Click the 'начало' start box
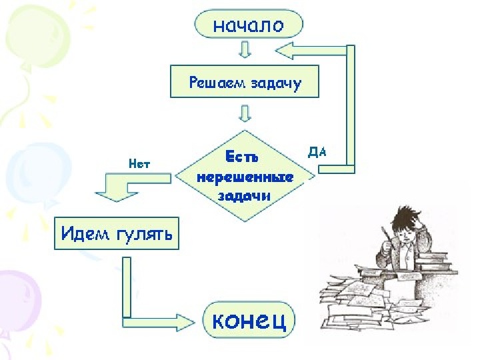249,23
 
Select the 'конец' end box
249,319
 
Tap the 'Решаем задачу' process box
245,81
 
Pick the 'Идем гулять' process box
117,233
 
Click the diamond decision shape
245,176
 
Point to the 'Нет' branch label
139,164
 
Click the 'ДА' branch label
317,152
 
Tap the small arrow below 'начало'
245,49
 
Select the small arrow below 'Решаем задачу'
245,113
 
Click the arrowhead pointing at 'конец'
185,323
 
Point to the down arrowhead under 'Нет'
117,197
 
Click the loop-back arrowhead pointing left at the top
284,51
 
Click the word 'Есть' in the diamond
242,157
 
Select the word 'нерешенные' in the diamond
245,177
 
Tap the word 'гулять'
144,235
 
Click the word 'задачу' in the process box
276,83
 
